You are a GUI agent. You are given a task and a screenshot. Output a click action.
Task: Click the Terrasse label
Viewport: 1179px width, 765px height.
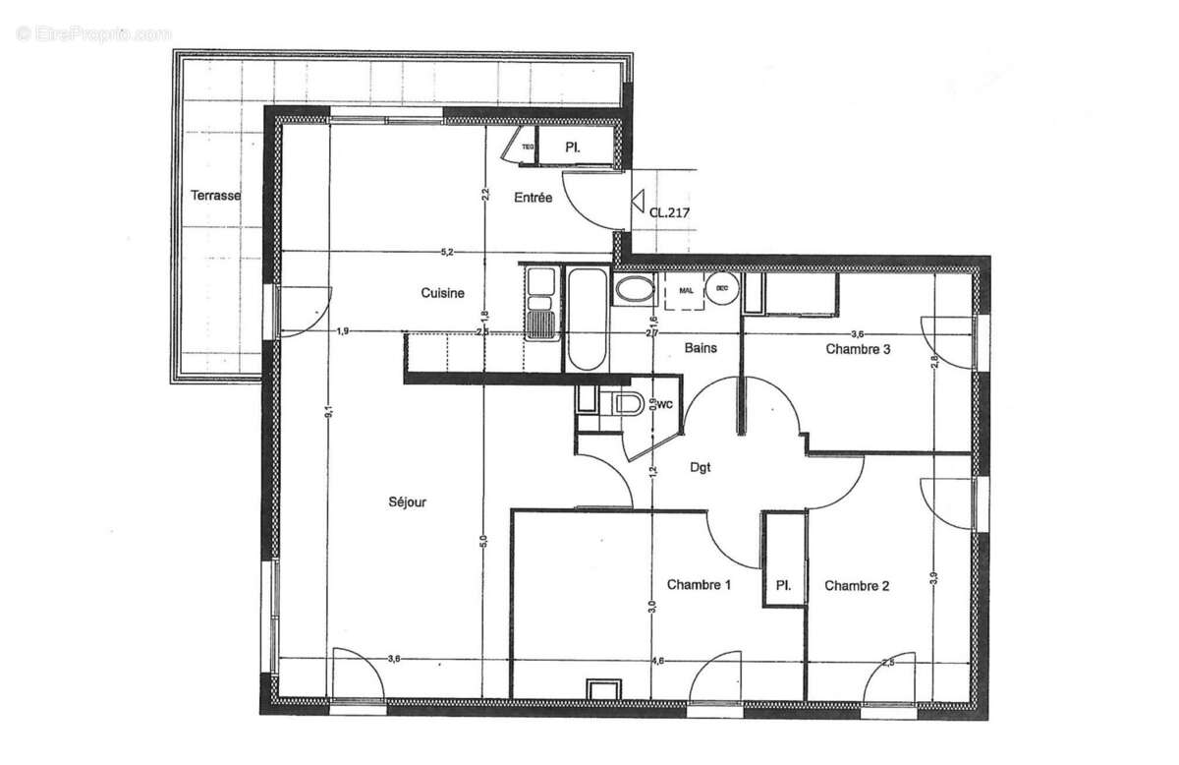tap(215, 196)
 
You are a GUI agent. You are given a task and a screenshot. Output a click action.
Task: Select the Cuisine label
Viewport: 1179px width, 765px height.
tap(442, 293)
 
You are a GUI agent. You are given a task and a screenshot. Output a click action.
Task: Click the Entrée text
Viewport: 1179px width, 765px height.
tap(533, 198)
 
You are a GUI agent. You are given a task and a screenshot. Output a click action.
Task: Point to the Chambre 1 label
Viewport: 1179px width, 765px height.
tap(699, 586)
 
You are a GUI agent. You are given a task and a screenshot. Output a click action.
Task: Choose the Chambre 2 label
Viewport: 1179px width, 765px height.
tap(857, 587)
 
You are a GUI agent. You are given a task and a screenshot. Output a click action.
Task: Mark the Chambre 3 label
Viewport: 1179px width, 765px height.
tap(858, 348)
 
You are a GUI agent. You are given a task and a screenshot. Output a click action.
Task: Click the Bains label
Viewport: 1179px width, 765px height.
tap(701, 348)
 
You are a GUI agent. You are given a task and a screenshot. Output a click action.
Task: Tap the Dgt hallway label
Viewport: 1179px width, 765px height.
tap(700, 469)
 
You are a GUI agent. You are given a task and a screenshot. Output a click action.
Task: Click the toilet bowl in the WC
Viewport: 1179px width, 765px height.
tap(626, 403)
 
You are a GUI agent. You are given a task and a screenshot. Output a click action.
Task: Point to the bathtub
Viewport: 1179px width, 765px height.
tap(588, 320)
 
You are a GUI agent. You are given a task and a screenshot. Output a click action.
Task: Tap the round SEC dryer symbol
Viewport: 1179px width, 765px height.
tap(722, 289)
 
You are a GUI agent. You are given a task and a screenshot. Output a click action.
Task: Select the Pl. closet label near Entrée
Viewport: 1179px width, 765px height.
tap(574, 147)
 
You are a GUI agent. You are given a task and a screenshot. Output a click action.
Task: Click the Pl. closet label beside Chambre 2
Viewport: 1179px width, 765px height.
tap(784, 586)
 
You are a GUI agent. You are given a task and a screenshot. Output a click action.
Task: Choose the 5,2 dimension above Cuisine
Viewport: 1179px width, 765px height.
tap(447, 254)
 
